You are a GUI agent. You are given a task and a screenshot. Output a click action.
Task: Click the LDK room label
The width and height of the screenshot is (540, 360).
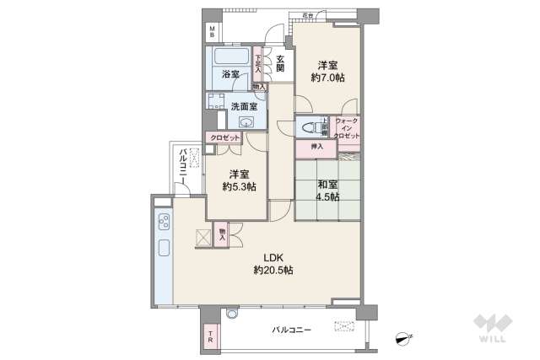[272, 257]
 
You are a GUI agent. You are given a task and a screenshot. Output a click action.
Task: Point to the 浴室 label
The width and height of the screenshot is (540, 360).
[230, 74]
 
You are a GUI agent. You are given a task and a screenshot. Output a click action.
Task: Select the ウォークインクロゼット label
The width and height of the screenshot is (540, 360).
[347, 129]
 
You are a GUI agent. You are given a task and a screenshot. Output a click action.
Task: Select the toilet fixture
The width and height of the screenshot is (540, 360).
[308, 128]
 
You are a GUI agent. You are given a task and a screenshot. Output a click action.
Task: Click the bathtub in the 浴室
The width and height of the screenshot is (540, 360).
[229, 57]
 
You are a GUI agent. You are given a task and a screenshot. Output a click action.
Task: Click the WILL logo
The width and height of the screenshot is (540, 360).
[491, 330]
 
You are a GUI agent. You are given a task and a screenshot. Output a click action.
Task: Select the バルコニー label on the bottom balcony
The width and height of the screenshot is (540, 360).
[291, 330]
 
